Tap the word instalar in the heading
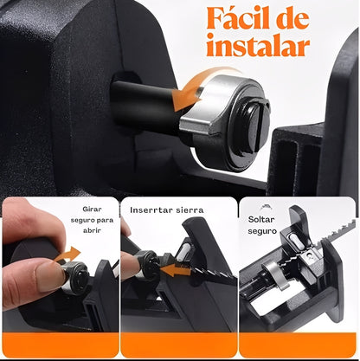click(x=258, y=45)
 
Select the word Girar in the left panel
click(x=92, y=209)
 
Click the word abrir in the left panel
click(x=92, y=230)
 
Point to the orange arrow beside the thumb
click(x=67, y=254)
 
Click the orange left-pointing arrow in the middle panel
click(x=175, y=271)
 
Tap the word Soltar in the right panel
click(x=261, y=219)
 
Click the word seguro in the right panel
click(x=262, y=231)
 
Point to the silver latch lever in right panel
click(x=276, y=274)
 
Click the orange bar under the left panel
click(x=61, y=345)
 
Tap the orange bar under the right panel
click(x=298, y=345)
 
